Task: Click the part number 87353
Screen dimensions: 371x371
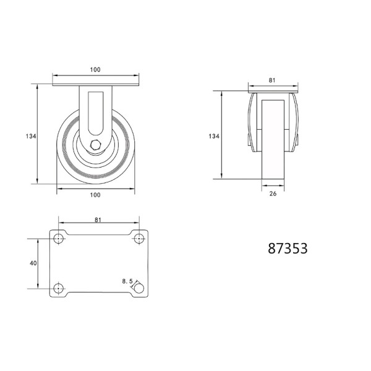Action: (x=288, y=248)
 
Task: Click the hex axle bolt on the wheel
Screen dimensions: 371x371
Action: (x=96, y=145)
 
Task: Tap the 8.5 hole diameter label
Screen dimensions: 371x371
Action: (x=127, y=281)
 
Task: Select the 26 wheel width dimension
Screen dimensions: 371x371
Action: (x=273, y=194)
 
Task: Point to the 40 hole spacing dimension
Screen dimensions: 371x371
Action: (x=33, y=263)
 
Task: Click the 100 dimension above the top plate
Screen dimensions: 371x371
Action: (x=95, y=69)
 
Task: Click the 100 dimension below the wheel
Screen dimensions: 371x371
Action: (x=95, y=195)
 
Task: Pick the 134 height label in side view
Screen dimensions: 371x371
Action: (x=214, y=136)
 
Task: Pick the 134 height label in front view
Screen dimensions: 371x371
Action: (x=31, y=136)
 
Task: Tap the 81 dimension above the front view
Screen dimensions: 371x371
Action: (x=272, y=80)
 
